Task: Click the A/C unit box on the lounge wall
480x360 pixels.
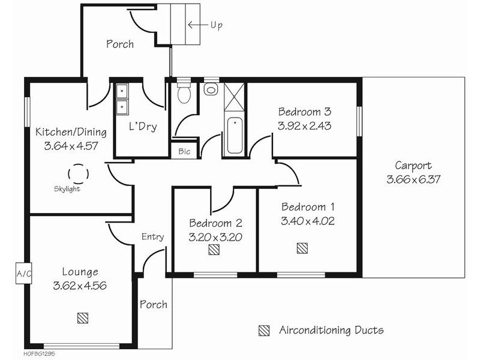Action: point(24,273)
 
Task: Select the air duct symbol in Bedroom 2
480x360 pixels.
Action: point(214,250)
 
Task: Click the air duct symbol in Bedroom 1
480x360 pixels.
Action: point(302,248)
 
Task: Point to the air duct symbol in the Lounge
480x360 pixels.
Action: point(83,318)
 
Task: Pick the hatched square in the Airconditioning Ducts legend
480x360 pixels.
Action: point(264,331)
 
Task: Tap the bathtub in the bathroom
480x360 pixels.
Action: point(235,136)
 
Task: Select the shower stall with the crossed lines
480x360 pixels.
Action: point(234,97)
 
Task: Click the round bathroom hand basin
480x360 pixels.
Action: point(211,90)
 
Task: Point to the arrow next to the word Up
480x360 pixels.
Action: point(197,25)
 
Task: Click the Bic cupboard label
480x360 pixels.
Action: point(184,151)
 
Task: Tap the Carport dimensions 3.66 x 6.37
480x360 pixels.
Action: point(413,179)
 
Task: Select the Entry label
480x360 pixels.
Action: point(153,236)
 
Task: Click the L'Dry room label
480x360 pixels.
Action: point(143,126)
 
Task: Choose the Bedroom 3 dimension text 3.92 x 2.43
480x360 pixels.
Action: point(305,126)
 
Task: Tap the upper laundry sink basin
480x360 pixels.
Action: point(122,91)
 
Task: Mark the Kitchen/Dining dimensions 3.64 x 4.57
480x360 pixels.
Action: point(71,146)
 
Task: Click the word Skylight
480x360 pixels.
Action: point(67,189)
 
